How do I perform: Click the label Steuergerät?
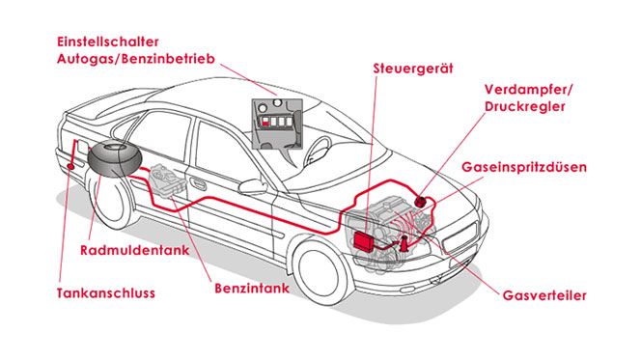pos(413,69)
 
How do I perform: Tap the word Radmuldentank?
pos(135,250)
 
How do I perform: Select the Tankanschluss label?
pos(106,293)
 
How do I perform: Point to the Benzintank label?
pos(252,288)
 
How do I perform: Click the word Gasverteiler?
pos(544,295)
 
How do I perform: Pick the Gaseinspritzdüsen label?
pos(524,167)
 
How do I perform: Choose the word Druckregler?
pos(525,107)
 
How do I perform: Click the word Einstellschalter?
pos(108,42)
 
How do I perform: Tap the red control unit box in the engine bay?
pos(363,240)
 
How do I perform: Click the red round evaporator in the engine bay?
pos(421,201)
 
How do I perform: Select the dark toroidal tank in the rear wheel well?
pos(115,158)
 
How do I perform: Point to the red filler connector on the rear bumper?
pos(70,166)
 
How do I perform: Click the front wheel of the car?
pos(318,269)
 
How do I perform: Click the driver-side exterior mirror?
pos(253,186)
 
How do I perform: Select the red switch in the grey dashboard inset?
pos(265,122)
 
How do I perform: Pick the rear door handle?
pos(198,184)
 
